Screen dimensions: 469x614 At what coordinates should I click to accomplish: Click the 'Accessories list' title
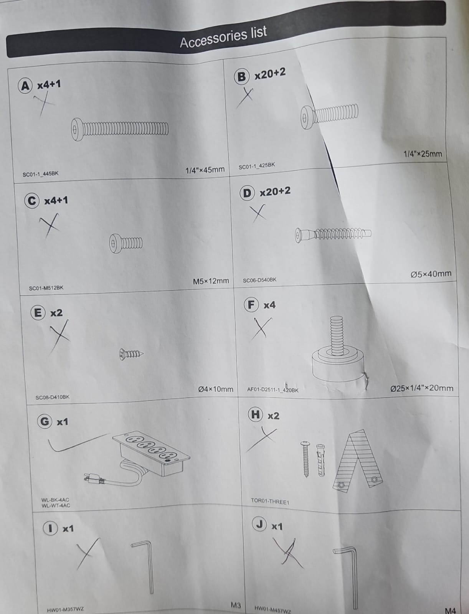click(x=223, y=38)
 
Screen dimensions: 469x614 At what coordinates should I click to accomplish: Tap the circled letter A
click(x=25, y=86)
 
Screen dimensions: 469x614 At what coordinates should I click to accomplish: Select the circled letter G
click(x=45, y=421)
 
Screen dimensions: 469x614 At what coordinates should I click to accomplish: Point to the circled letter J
click(x=259, y=525)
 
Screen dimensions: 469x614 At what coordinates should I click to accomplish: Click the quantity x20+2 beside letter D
click(x=275, y=192)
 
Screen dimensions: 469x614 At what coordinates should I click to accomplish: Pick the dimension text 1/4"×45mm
click(x=205, y=170)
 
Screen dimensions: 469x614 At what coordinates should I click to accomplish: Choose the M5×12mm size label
click(x=211, y=281)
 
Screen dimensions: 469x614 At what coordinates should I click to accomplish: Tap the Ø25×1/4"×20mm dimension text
click(x=422, y=388)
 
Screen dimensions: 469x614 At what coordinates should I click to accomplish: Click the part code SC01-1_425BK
click(x=257, y=166)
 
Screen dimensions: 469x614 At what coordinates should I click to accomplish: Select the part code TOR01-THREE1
click(x=270, y=501)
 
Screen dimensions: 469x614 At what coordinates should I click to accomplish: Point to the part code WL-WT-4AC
click(x=56, y=505)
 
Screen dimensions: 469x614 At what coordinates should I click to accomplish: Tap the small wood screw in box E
click(x=131, y=354)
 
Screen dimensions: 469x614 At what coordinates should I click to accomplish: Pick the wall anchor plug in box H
click(x=320, y=460)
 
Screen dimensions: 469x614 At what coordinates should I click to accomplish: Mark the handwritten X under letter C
click(x=50, y=225)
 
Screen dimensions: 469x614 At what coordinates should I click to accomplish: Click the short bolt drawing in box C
click(x=126, y=243)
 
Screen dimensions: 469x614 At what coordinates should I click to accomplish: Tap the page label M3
click(x=236, y=605)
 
